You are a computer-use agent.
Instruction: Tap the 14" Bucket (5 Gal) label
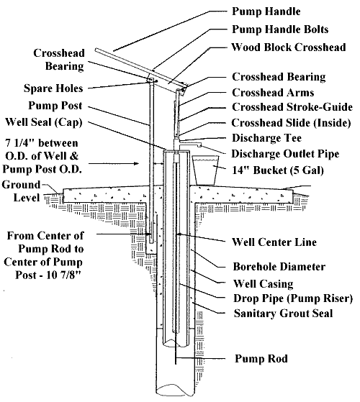275,170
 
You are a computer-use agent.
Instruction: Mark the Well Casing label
262,283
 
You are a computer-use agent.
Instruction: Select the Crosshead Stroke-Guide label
287,108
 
